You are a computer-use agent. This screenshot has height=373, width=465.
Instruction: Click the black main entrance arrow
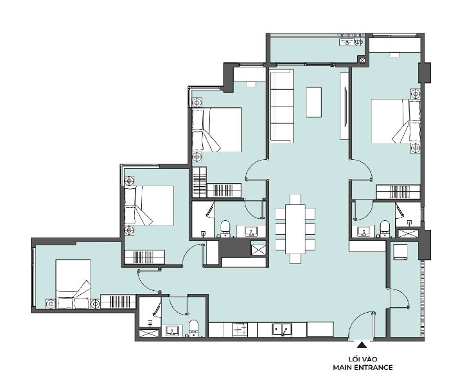click(x=362, y=345)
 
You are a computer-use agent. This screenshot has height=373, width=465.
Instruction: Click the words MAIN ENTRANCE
click(x=363, y=367)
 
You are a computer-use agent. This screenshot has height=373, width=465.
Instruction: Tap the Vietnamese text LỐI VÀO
click(x=363, y=359)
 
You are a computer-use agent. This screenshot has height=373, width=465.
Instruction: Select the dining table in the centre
click(x=295, y=229)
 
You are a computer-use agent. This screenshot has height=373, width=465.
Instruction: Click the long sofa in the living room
click(x=282, y=107)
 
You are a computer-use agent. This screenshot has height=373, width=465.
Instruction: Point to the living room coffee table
click(x=314, y=102)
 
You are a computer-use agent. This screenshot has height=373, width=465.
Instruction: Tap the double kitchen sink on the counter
click(x=282, y=330)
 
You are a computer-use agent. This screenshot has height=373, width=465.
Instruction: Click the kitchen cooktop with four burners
click(x=240, y=330)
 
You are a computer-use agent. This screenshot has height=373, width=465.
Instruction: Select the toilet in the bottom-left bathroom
click(x=194, y=328)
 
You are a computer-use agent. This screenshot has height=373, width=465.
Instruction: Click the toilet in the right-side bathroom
click(x=385, y=229)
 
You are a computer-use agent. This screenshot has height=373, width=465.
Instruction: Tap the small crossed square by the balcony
click(x=362, y=60)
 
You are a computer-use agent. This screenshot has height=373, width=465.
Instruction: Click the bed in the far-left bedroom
click(x=73, y=284)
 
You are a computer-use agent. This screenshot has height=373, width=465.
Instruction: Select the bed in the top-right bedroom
click(x=396, y=121)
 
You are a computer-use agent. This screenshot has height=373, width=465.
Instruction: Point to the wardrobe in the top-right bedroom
click(x=398, y=192)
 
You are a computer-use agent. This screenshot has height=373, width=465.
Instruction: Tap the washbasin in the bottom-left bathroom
click(x=171, y=331)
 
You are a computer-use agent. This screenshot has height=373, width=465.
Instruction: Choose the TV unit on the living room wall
click(x=344, y=106)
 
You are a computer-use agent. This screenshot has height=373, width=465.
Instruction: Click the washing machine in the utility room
click(x=400, y=252)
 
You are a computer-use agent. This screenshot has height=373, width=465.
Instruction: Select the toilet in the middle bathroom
click(x=225, y=229)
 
